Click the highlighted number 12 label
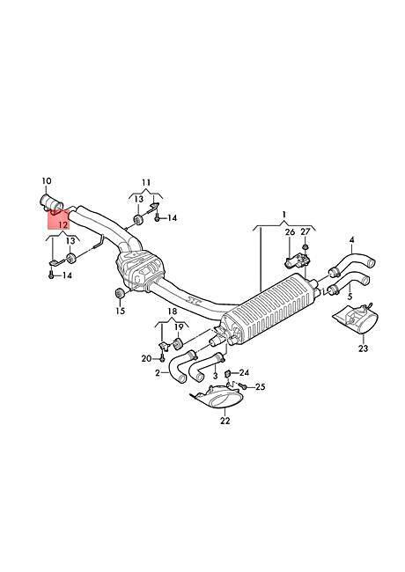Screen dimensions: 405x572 click(x=63, y=224)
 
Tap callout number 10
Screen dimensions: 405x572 click(x=47, y=181)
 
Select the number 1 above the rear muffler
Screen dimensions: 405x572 click(x=284, y=214)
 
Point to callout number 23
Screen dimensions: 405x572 click(x=363, y=348)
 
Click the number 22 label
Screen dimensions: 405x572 click(x=225, y=421)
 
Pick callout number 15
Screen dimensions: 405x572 click(x=120, y=311)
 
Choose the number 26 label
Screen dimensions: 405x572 click(x=290, y=232)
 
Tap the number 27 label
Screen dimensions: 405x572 click(x=305, y=232)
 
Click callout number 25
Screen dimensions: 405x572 click(x=260, y=386)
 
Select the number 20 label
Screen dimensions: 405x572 click(x=146, y=359)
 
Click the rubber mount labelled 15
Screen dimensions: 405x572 click(x=119, y=293)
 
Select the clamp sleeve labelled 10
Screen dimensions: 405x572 click(x=51, y=202)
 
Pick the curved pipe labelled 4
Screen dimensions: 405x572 click(x=352, y=263)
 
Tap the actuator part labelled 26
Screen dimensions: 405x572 click(x=297, y=260)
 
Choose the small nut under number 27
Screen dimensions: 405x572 click(x=306, y=247)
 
